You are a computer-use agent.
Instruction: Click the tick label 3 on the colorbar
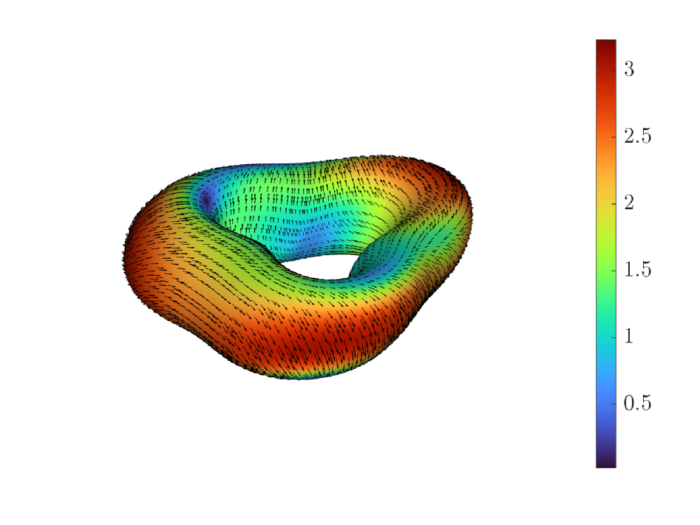629,69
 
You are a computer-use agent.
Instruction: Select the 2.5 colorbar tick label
637,136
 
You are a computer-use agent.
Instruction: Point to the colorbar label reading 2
629,203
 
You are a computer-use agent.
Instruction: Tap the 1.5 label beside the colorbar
637,270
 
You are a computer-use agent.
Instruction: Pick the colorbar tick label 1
629,336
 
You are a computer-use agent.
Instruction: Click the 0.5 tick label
637,403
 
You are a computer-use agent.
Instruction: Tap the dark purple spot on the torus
207,199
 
